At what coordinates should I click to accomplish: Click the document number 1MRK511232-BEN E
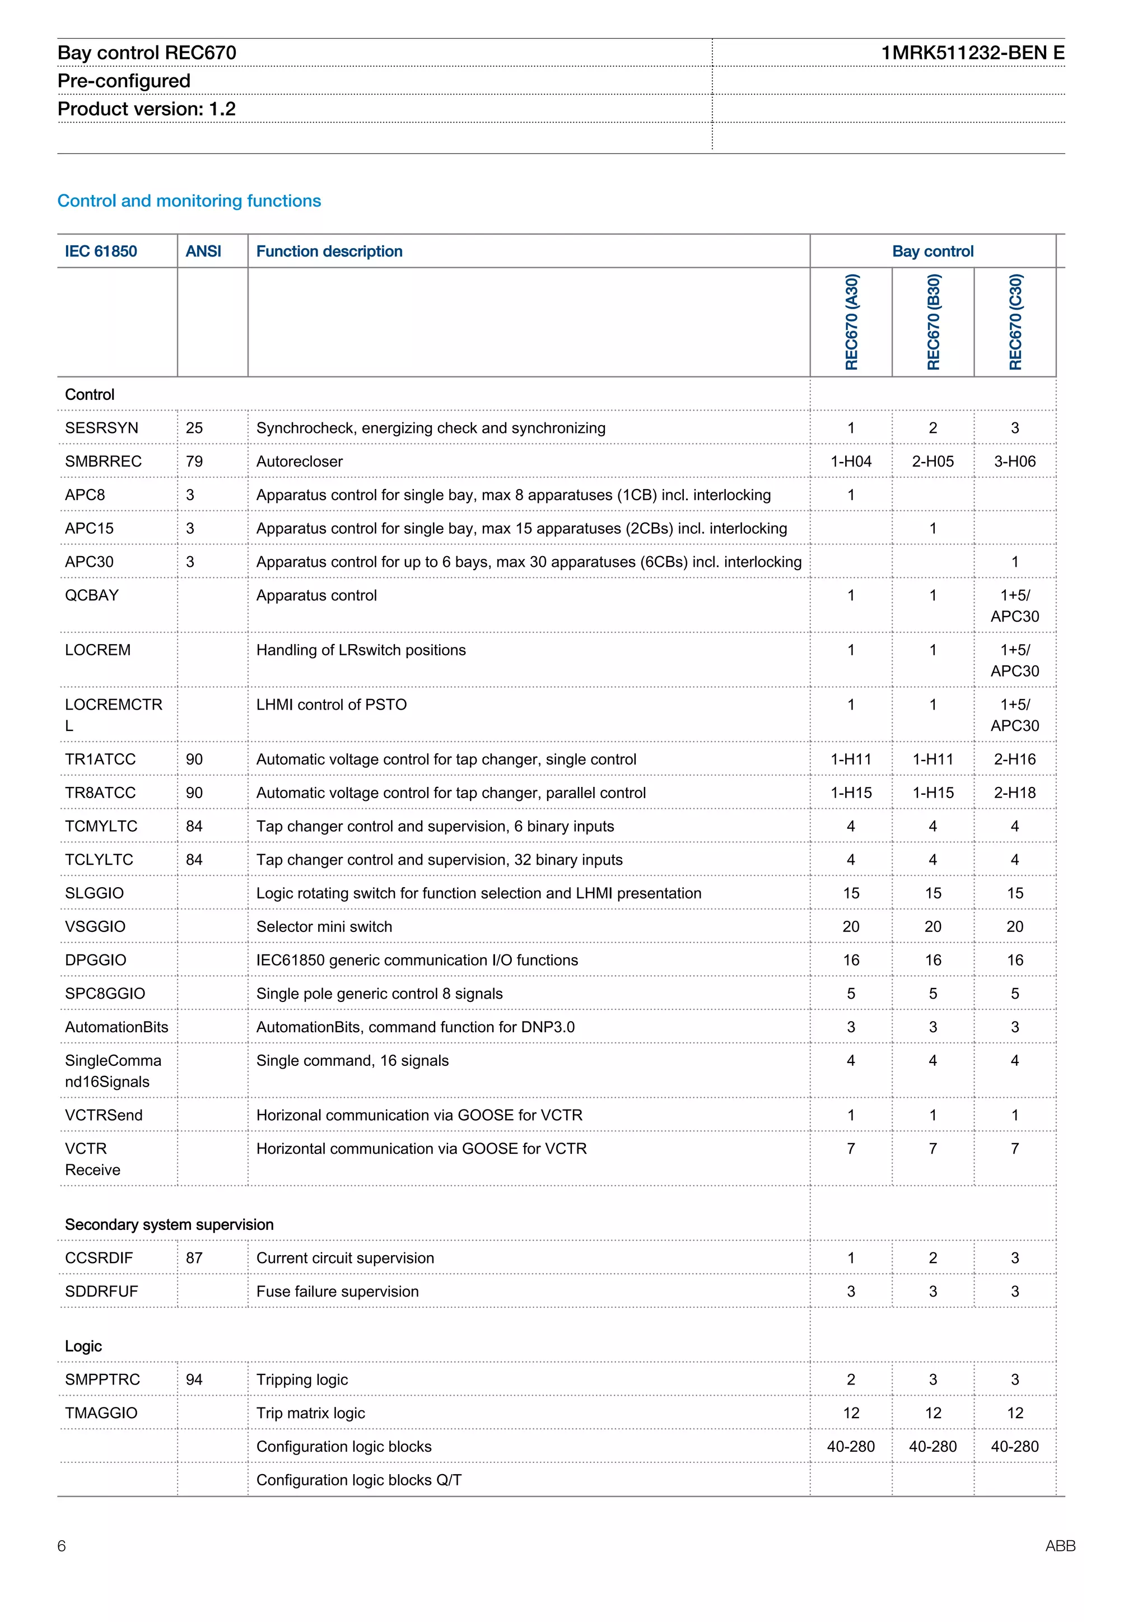[x=972, y=53]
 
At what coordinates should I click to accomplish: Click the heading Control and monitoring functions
[x=189, y=201]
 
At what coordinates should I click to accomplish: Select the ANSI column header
[x=203, y=251]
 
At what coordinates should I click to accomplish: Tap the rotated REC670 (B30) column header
[x=933, y=322]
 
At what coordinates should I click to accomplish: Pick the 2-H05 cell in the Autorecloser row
[x=932, y=462]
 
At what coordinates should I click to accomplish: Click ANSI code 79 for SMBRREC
[x=194, y=462]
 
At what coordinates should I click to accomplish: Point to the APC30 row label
[x=89, y=562]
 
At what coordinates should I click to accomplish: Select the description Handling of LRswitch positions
[x=361, y=650]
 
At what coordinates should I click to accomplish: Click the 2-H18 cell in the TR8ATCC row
[x=1014, y=793]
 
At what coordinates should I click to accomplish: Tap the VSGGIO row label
[x=95, y=926]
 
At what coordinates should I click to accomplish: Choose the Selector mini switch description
[x=324, y=926]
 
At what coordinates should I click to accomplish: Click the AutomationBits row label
[x=116, y=1027]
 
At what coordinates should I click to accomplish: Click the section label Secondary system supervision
[x=169, y=1224]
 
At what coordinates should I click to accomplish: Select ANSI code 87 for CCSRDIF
[x=194, y=1257]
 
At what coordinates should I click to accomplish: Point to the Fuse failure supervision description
[x=337, y=1292]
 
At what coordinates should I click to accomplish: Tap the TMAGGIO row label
[x=101, y=1413]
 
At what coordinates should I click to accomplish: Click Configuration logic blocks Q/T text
[x=359, y=1480]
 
